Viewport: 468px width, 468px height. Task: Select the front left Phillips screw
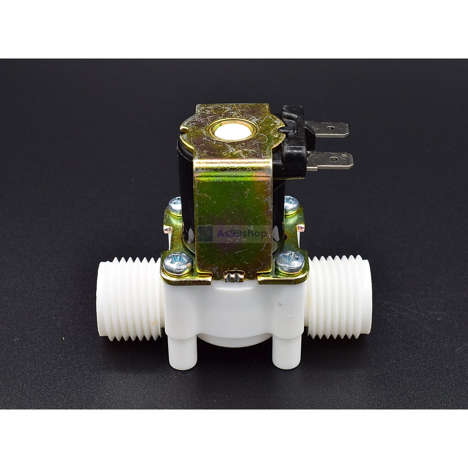pyautogui.click(x=178, y=264)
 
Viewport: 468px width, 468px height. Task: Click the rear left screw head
pyautogui.click(x=175, y=205)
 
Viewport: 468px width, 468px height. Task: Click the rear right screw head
pyautogui.click(x=291, y=204)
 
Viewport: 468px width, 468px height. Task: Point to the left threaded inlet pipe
pyautogui.click(x=130, y=298)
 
